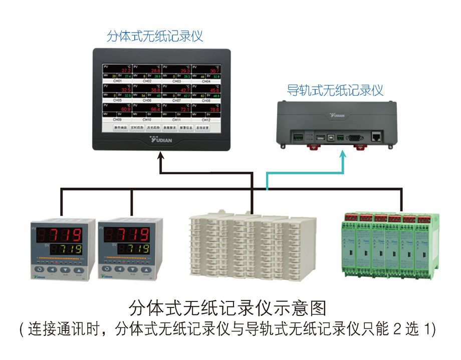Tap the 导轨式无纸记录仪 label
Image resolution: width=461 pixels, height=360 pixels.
(x=335, y=90)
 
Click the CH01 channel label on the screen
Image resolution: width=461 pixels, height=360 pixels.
(x=117, y=81)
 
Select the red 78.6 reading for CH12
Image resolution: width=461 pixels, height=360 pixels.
(x=214, y=109)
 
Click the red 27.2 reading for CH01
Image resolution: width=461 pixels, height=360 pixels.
(x=126, y=71)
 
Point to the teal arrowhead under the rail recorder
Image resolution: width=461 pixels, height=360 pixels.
(x=343, y=156)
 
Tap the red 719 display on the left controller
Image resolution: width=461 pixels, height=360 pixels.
(x=60, y=235)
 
